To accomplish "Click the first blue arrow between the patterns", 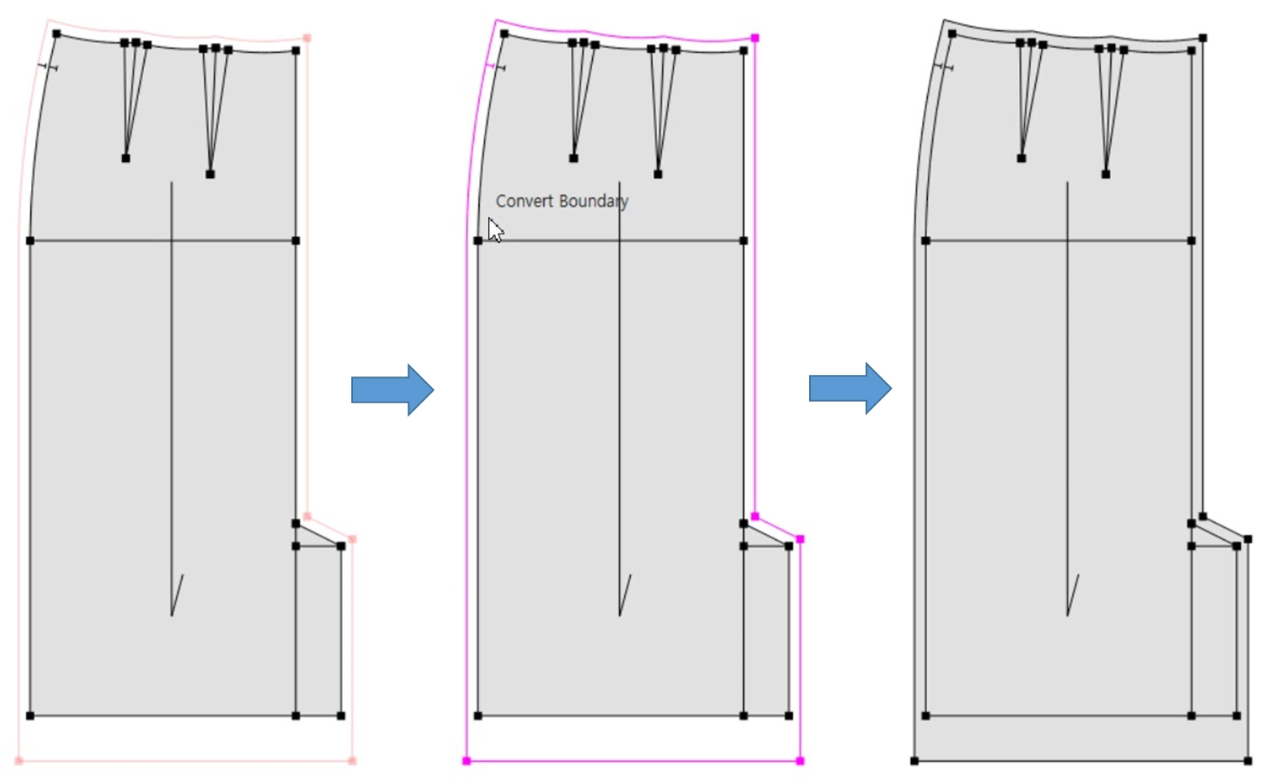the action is (393, 389).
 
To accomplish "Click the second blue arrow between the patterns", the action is (850, 389).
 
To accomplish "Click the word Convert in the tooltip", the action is (523, 201).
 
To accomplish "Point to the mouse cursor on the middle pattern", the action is (495, 229).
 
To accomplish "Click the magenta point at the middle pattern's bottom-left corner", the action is (467, 761).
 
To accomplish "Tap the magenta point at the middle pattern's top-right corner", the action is (755, 38).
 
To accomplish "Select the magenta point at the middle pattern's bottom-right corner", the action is (799, 761).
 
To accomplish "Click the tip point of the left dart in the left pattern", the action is (125, 159).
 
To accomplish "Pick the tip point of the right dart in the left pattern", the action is (210, 174).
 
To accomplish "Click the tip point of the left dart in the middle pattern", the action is (573, 159).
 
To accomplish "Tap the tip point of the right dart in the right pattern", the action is (1106, 174).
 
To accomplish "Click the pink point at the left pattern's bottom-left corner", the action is (19, 761).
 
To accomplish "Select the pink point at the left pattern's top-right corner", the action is (307, 38).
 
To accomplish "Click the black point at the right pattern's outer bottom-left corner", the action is (915, 761).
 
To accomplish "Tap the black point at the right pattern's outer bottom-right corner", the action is (1247, 761).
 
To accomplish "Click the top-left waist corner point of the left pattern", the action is (57, 34).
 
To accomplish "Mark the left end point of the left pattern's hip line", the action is (30, 241).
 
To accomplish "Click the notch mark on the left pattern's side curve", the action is (47, 67).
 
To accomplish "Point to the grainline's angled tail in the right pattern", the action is (1073, 594).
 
